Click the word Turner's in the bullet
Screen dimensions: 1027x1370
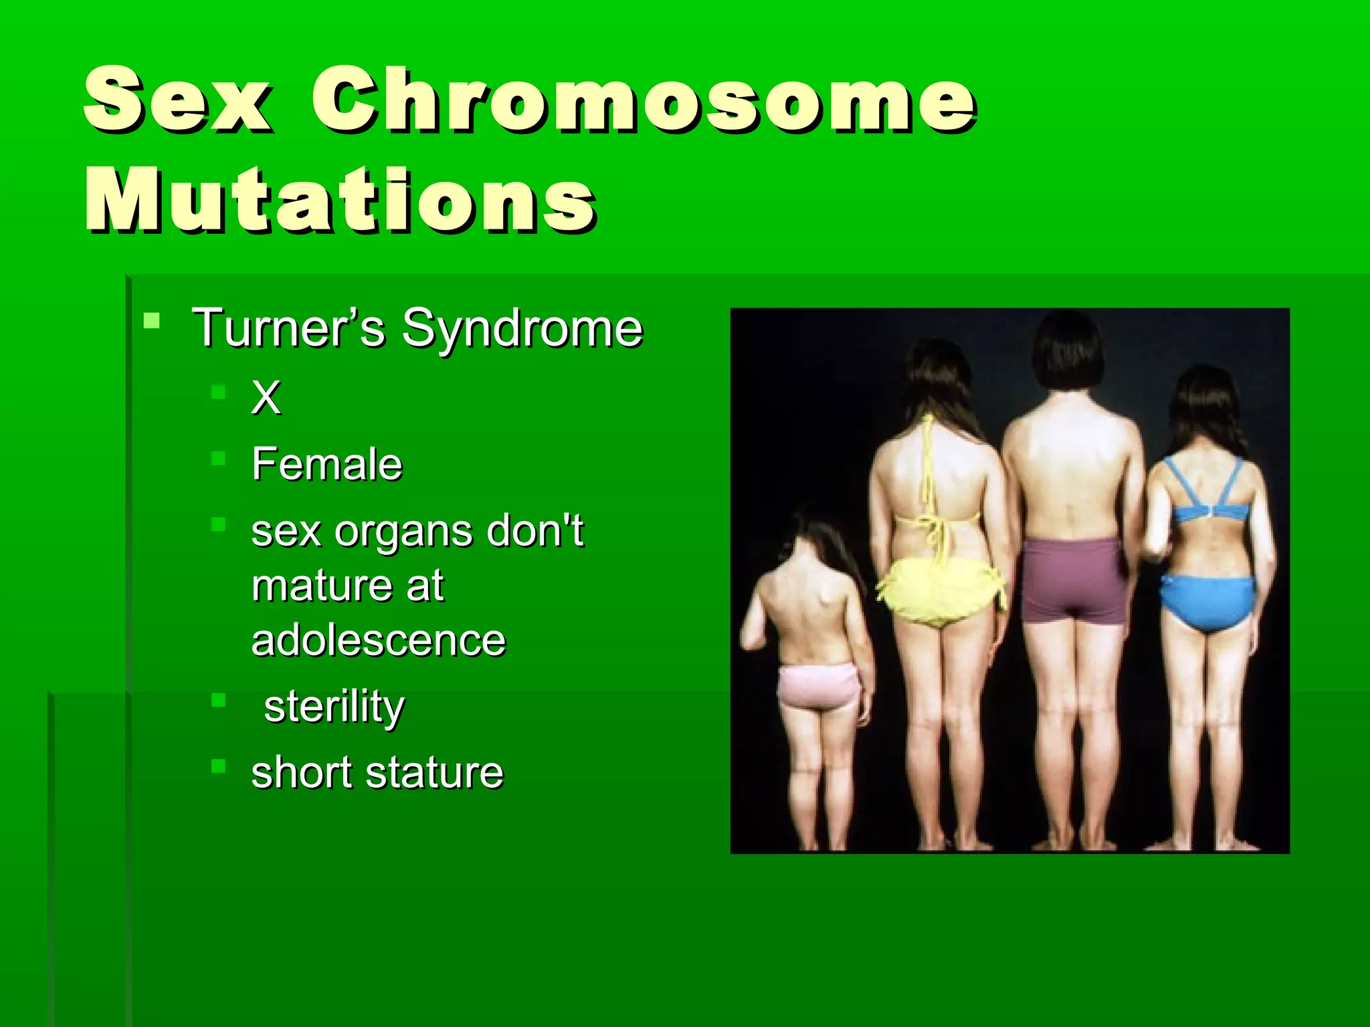[288, 328]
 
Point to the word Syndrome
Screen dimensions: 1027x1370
[522, 330]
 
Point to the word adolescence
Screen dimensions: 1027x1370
[378, 640]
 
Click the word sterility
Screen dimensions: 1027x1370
[334, 707]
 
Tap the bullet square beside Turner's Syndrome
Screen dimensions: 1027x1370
[152, 321]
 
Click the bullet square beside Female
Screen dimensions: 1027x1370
[218, 458]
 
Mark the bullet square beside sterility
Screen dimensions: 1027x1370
[218, 700]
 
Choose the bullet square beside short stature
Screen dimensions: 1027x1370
[218, 766]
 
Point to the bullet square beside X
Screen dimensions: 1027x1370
[218, 392]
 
